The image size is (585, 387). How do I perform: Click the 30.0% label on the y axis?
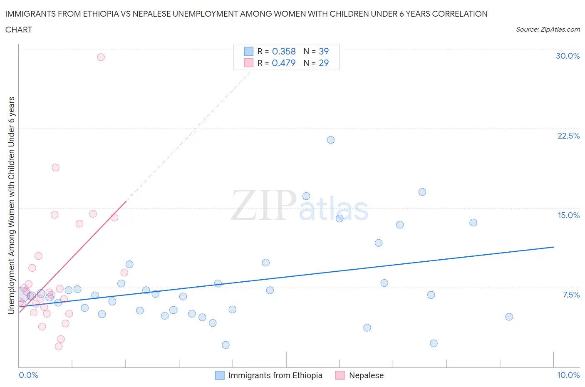tap(568, 56)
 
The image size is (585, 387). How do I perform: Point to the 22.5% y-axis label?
tap(568, 136)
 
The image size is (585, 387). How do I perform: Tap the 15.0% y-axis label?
tap(568, 215)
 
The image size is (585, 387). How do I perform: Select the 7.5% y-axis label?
tap(571, 295)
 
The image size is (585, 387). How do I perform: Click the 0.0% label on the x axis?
tap(28, 375)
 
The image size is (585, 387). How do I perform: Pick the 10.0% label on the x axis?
tap(568, 375)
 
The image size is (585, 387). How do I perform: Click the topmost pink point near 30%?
tap(101, 57)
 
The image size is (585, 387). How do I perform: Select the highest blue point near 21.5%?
tap(331, 140)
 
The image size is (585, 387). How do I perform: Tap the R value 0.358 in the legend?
tap(284, 51)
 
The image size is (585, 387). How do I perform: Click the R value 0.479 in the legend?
tap(284, 63)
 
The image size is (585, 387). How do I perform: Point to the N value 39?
tap(324, 51)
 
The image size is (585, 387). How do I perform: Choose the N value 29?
tap(324, 63)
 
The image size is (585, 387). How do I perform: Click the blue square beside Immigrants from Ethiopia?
tap(220, 375)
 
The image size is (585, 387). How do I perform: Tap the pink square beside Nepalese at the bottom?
tap(340, 375)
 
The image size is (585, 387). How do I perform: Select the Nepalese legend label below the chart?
tap(366, 375)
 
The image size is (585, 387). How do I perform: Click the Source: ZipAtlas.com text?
tap(548, 30)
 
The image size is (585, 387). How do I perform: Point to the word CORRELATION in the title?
tap(460, 14)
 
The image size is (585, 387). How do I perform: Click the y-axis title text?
tap(12, 205)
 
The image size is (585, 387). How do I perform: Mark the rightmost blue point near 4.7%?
tap(509, 317)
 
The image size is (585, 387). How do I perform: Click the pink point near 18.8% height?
tap(55, 167)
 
